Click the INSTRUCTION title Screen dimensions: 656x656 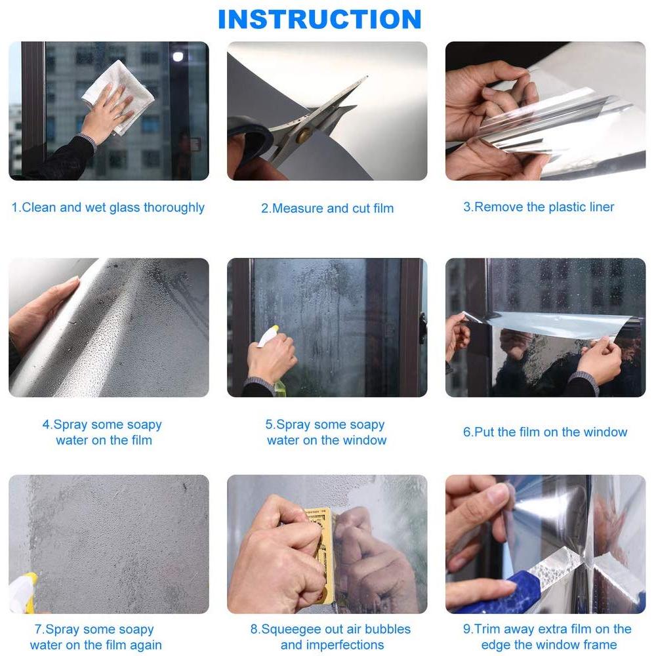(319, 19)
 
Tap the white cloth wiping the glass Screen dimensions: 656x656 (118, 97)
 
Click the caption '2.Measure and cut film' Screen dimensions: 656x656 (327, 208)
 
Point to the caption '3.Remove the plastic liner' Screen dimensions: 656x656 (539, 207)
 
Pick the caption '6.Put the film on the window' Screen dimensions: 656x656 (545, 432)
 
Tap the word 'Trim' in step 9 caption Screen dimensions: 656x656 (490, 629)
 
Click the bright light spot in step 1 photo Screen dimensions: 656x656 (178, 56)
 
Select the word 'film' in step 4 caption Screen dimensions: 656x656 (142, 440)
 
